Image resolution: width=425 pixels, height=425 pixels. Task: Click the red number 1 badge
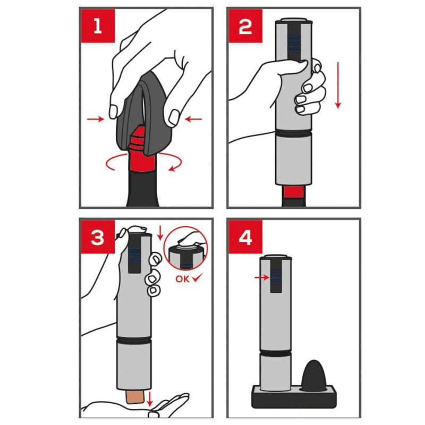pyautogui.click(x=98, y=26)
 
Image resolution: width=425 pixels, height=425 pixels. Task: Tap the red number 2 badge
pyautogui.click(x=245, y=26)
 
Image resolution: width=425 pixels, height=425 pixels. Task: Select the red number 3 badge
pyautogui.click(x=98, y=237)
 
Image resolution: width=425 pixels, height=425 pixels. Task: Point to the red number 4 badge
pyautogui.click(x=245, y=237)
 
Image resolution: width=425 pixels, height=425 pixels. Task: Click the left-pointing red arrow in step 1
pyautogui.click(x=193, y=118)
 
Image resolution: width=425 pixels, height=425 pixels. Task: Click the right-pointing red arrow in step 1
pyautogui.click(x=96, y=118)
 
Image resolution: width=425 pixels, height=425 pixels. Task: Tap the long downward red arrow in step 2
pyautogui.click(x=338, y=86)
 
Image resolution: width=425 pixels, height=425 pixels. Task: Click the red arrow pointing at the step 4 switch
pyautogui.click(x=261, y=277)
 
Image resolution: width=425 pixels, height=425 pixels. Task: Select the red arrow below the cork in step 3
pyautogui.click(x=149, y=399)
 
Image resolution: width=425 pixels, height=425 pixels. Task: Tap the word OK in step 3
pyautogui.click(x=182, y=279)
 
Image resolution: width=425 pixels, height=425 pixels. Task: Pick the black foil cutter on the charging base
pyautogui.click(x=313, y=376)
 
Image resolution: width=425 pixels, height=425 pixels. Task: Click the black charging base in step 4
pyautogui.click(x=294, y=397)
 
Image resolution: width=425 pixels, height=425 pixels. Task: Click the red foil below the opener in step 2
pyautogui.click(x=294, y=192)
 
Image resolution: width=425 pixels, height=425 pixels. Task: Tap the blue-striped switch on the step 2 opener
pyautogui.click(x=294, y=44)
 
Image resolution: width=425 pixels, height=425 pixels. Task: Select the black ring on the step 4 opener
pyautogui.click(x=275, y=353)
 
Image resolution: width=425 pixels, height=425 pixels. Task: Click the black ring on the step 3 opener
pyautogui.click(x=134, y=341)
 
